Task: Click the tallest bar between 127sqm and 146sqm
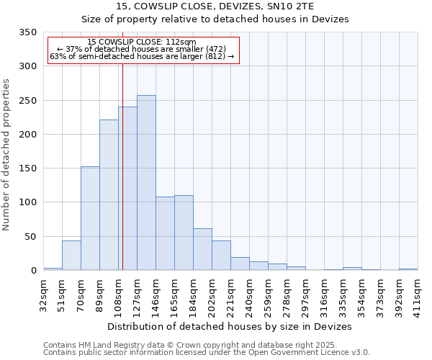click(146, 183)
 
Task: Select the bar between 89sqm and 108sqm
click(109, 195)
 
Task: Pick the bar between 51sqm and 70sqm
click(71, 256)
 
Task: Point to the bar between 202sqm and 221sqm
click(221, 256)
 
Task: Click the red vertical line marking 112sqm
click(123, 166)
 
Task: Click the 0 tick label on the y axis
click(33, 271)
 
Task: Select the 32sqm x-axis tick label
click(44, 294)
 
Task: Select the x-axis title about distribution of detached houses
click(230, 326)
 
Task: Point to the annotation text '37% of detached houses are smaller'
click(141, 49)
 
